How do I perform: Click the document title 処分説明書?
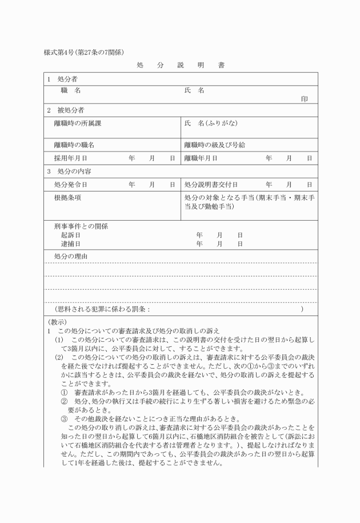tap(180, 65)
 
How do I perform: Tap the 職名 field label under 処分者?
tap(71, 90)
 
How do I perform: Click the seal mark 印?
tap(305, 99)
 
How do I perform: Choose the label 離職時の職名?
tap(74, 145)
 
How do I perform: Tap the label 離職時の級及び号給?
tap(214, 145)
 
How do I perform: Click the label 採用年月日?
tap(71, 158)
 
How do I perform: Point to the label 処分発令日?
tap(71, 185)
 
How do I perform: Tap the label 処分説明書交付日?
tap(211, 185)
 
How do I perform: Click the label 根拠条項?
tap(67, 197)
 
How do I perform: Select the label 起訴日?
tap(70, 235)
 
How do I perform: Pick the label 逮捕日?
tap(70, 243)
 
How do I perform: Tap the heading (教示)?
tap(57, 322)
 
